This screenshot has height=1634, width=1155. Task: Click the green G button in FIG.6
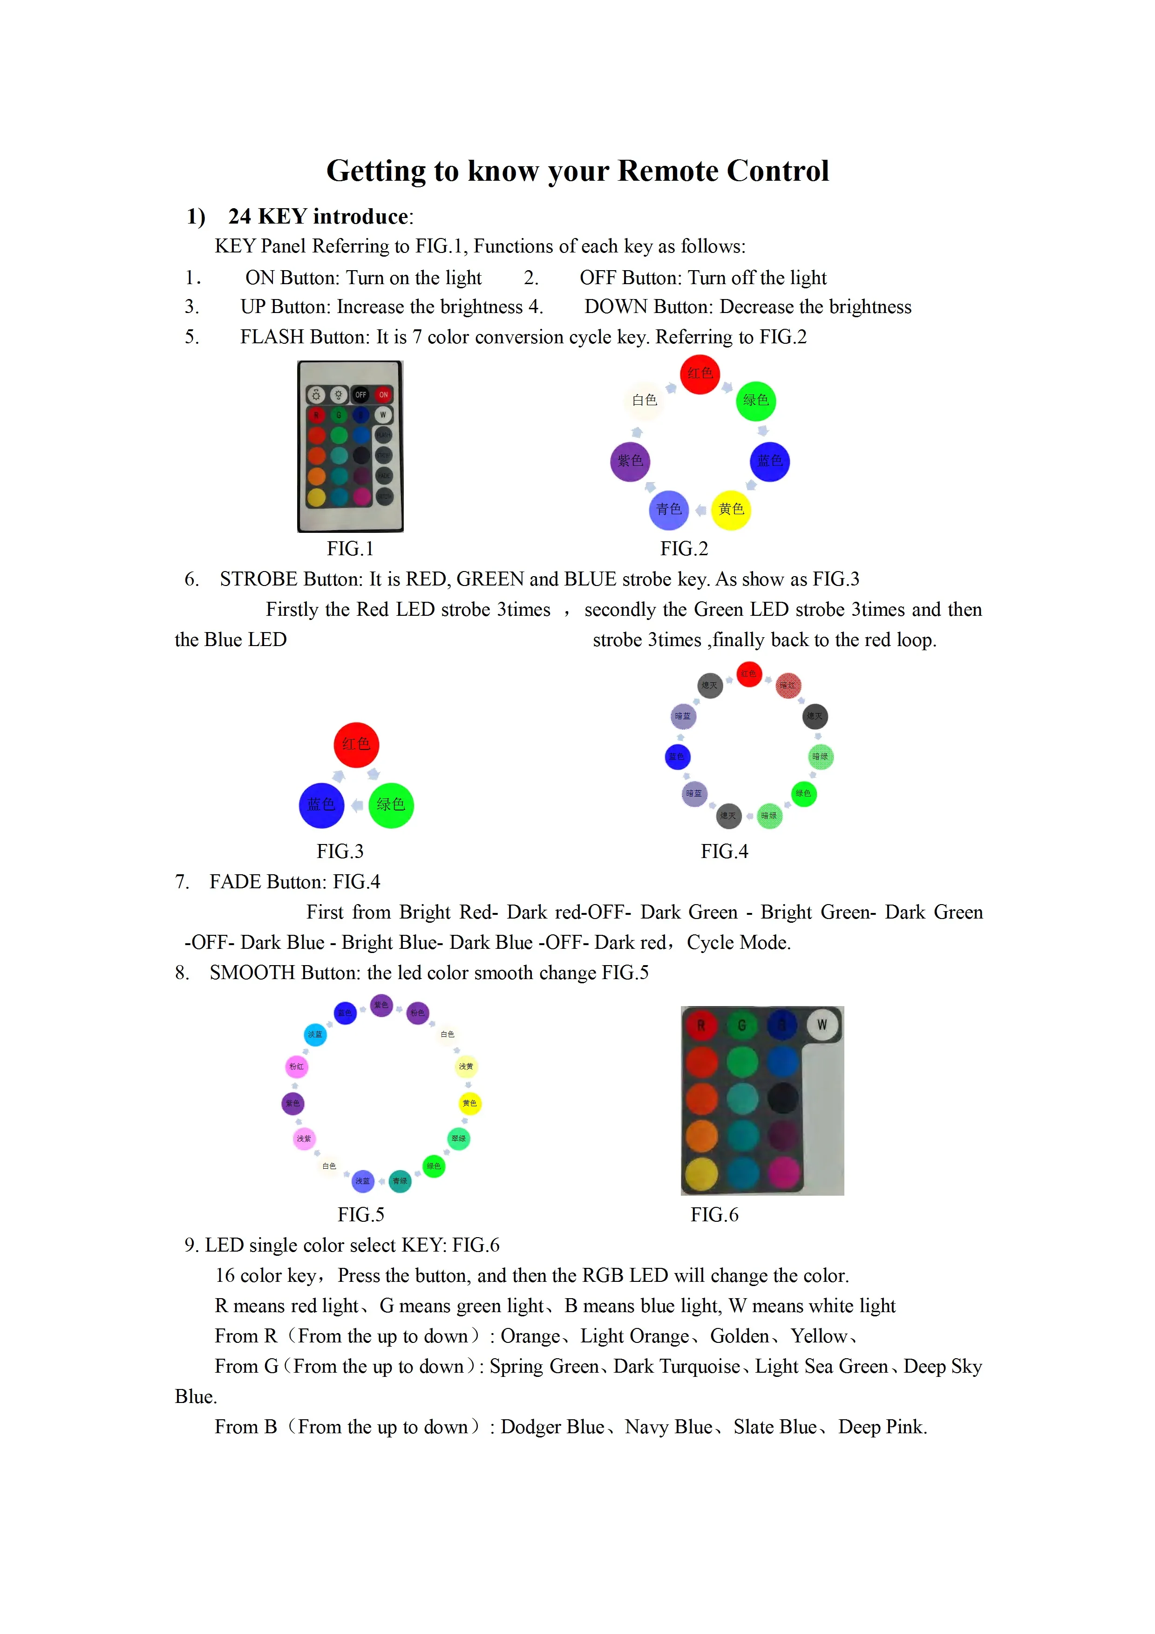[741, 1025]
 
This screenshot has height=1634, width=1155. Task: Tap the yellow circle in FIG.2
[731, 510]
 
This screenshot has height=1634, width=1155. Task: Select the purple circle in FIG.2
[630, 461]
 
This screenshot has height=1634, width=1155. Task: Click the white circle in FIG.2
[644, 400]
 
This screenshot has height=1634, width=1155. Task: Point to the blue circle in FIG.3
[322, 805]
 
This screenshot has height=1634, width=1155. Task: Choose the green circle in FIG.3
[391, 805]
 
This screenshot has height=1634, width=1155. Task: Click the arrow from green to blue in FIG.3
[357, 805]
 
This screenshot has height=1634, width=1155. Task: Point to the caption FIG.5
[361, 1214]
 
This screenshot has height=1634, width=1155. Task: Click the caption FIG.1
[350, 549]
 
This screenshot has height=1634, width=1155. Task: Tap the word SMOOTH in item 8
[252, 973]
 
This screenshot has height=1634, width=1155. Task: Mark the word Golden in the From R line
[740, 1336]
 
